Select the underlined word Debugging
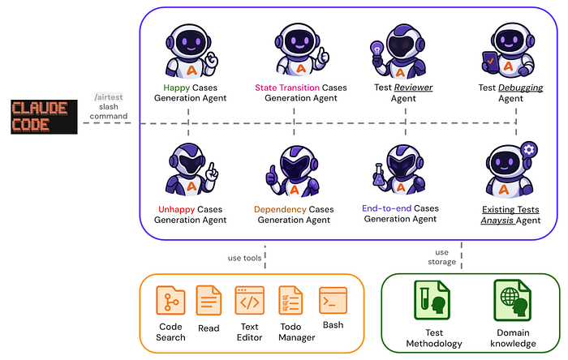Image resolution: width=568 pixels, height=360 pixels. [x=519, y=87]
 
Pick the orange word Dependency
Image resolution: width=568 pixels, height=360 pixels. [x=279, y=209]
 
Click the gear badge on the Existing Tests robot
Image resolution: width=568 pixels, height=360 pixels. [x=530, y=149]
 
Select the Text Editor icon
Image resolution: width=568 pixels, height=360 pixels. [x=249, y=301]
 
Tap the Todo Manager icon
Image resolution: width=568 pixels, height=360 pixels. [x=290, y=301]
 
